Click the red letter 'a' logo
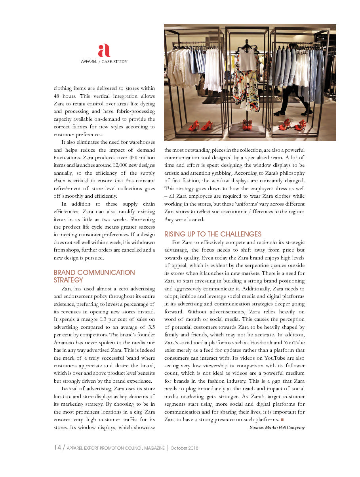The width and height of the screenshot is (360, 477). click(104, 50)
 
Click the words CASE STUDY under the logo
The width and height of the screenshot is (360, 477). click(114, 61)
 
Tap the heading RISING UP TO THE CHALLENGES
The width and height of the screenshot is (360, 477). click(213, 234)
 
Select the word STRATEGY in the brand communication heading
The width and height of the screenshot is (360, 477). click(68, 280)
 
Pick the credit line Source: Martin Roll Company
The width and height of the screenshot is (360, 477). click(277, 427)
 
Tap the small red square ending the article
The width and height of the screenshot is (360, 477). click(282, 420)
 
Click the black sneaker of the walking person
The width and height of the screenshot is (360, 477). click(279, 113)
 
